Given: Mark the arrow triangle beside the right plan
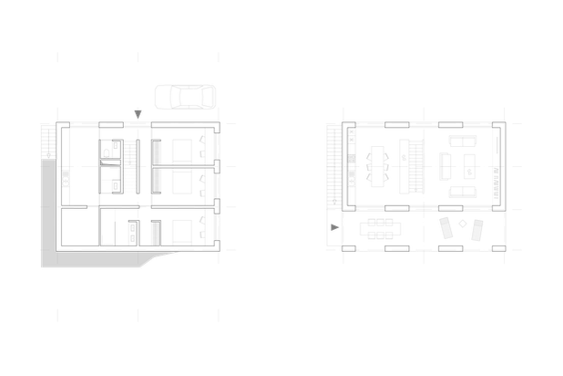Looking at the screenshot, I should pos(333,226).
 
